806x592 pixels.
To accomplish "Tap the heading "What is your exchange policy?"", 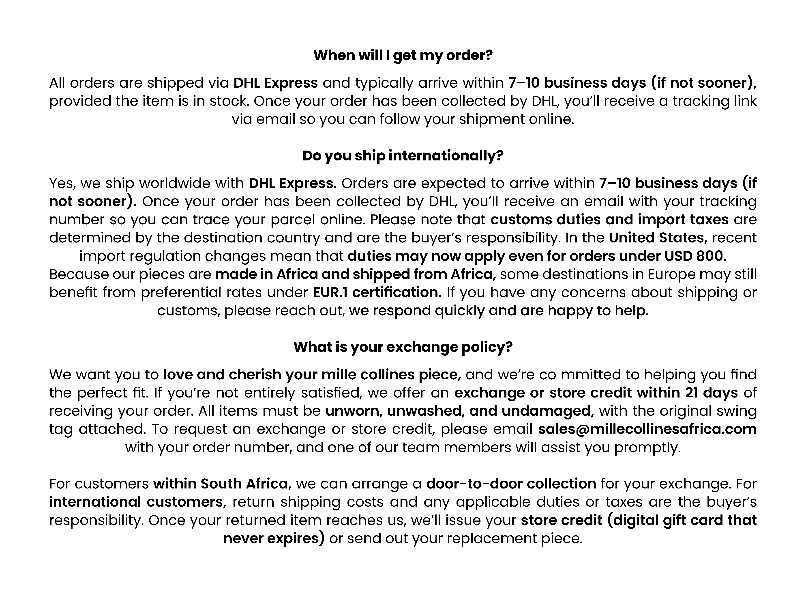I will (403, 347).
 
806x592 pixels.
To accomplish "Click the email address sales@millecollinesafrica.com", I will (647, 429).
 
